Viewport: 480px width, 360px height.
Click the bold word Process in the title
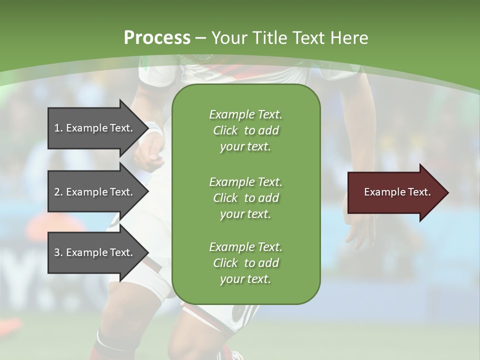point(156,38)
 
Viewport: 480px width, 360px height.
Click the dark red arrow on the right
point(395,192)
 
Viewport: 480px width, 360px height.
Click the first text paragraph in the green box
point(245,130)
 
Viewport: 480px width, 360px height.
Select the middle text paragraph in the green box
point(245,197)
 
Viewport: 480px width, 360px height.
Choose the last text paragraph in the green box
point(245,263)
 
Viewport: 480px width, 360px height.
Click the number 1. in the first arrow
point(58,128)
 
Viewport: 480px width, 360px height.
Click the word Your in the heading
point(227,38)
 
